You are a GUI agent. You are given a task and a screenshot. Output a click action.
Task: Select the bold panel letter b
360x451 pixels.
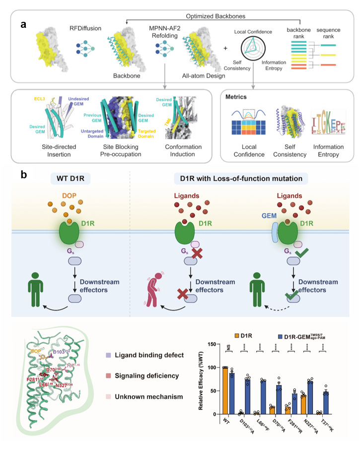click(x=23, y=175)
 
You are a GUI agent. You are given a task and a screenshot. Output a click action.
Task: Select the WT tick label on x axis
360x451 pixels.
click(x=227, y=421)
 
